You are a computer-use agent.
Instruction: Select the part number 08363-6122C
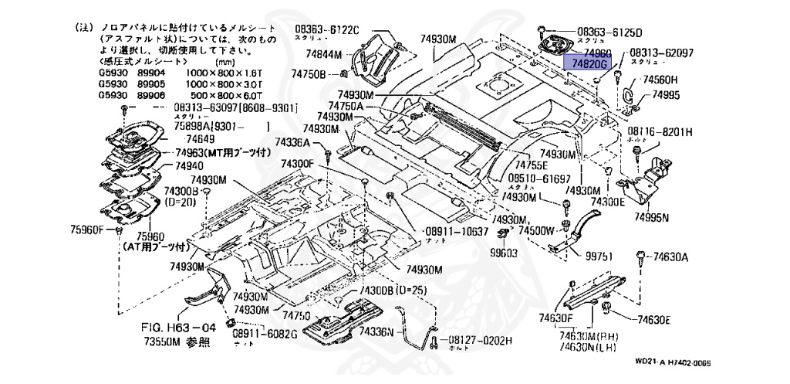pyautogui.click(x=326, y=30)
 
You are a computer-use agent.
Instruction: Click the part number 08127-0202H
pyautogui.click(x=481, y=339)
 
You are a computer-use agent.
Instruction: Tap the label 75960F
pyautogui.click(x=86, y=229)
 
